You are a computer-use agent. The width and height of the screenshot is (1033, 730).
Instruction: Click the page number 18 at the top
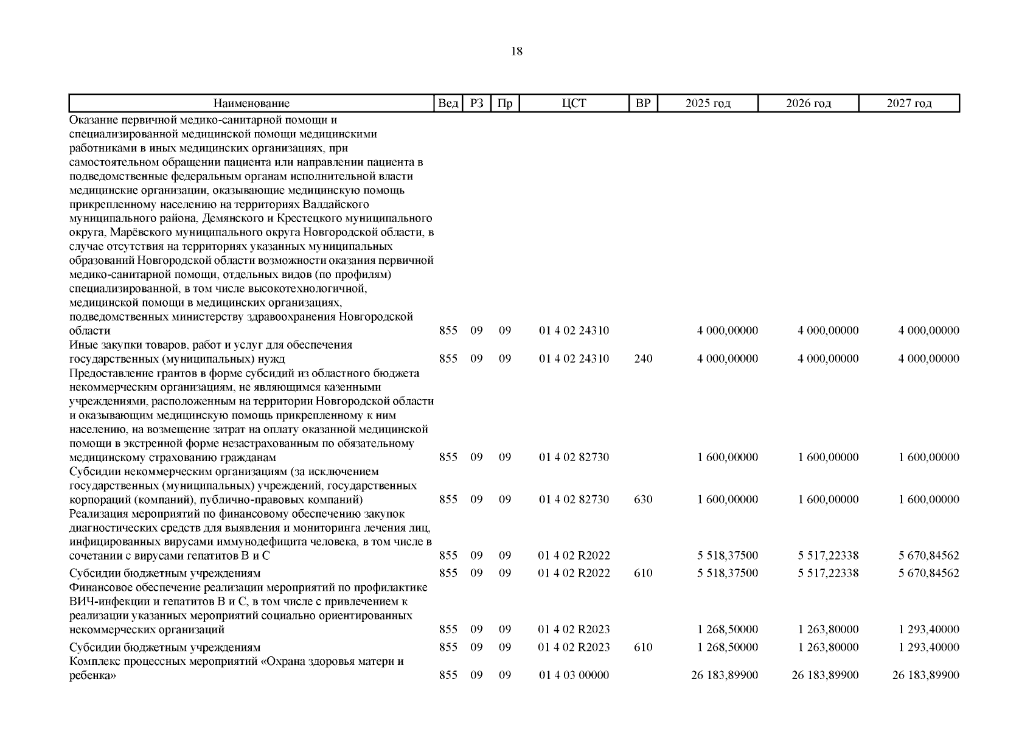(x=516, y=52)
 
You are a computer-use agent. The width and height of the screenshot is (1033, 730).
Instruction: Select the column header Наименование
(x=251, y=103)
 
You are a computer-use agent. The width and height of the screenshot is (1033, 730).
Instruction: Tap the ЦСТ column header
(x=574, y=103)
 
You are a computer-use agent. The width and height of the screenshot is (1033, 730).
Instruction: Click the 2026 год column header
(x=808, y=103)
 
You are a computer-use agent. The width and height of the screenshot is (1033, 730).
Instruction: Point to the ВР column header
(x=643, y=103)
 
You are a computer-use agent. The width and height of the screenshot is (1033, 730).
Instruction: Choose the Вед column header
(x=448, y=103)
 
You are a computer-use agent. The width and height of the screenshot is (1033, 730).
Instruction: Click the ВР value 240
(x=643, y=359)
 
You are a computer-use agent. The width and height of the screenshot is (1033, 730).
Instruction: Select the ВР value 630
(x=643, y=499)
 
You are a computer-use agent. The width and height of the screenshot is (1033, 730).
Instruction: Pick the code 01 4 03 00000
(x=574, y=675)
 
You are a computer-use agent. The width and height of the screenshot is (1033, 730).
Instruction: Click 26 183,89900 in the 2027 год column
(x=925, y=675)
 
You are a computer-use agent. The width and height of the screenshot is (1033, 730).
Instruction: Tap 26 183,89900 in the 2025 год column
(x=725, y=675)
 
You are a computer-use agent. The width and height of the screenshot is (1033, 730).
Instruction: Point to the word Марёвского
(x=139, y=232)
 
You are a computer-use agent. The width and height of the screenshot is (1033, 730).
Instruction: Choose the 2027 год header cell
(x=909, y=103)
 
